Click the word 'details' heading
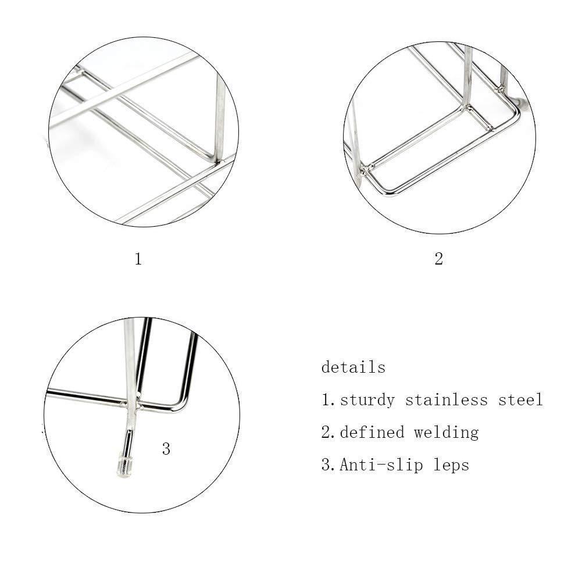tap(354, 367)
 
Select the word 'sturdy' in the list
tap(367, 400)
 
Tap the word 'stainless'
tap(446, 400)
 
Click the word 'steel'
tap(520, 400)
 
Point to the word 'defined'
tap(372, 433)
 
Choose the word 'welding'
tap(446, 433)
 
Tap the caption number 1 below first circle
tap(138, 259)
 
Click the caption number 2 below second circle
tap(439, 259)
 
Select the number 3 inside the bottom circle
tap(166, 449)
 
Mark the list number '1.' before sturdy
tap(328, 400)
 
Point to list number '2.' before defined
tap(328, 433)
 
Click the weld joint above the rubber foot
tap(131, 404)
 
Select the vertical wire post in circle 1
tap(220, 118)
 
